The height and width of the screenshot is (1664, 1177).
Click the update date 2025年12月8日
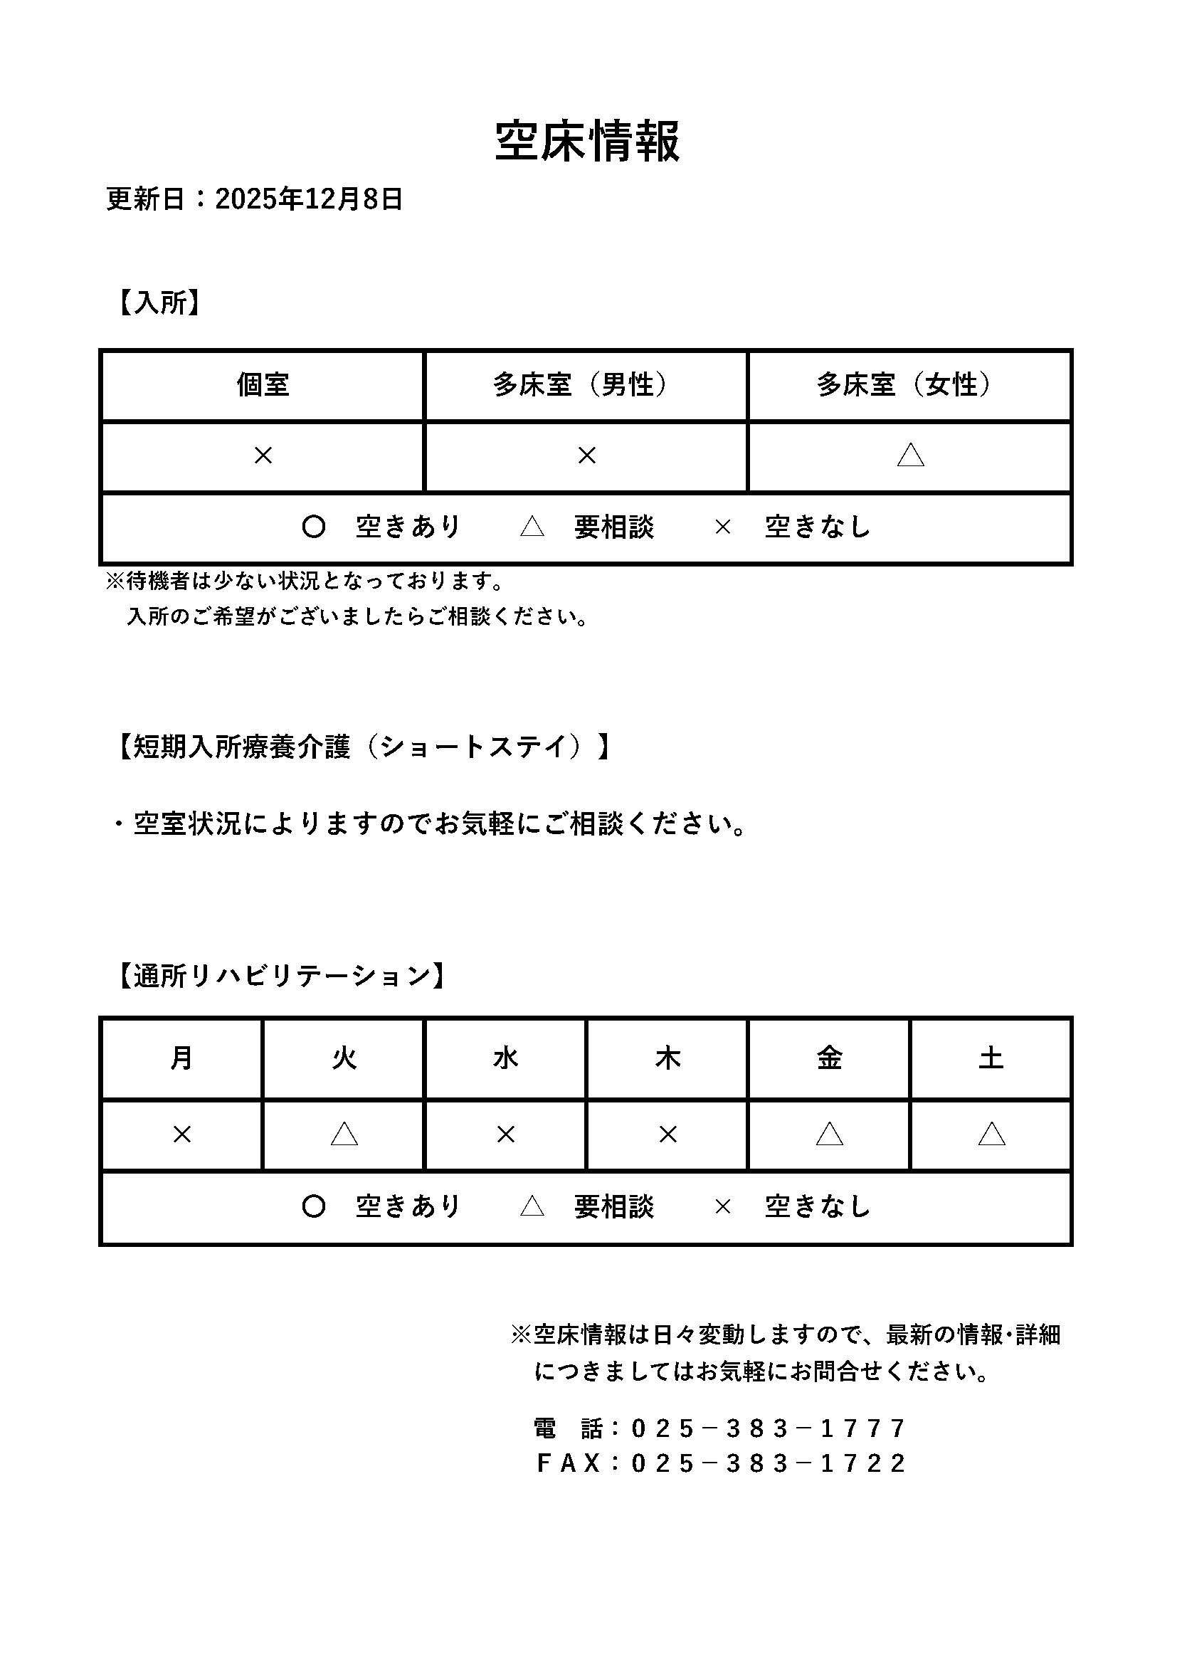click(x=309, y=198)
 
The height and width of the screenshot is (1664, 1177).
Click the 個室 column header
click(x=263, y=385)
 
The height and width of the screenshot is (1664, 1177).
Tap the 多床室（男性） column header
click(x=586, y=385)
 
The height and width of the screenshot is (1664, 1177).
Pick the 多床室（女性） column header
click(x=909, y=385)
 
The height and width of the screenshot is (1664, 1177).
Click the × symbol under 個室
click(x=263, y=456)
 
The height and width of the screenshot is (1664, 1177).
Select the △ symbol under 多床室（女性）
click(x=910, y=456)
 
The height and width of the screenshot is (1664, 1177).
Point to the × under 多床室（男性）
click(x=586, y=456)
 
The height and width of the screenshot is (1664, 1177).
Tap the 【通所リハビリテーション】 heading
click(x=282, y=976)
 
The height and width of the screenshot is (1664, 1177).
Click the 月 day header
click(x=181, y=1058)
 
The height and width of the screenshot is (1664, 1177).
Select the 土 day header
click(x=991, y=1058)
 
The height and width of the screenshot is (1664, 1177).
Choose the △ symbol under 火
click(x=344, y=1134)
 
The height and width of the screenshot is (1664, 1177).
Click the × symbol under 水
click(x=505, y=1134)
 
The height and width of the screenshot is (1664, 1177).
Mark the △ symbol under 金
click(x=829, y=1134)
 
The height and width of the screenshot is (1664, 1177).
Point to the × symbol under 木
click(x=667, y=1134)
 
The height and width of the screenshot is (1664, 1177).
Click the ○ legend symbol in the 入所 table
click(x=313, y=527)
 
